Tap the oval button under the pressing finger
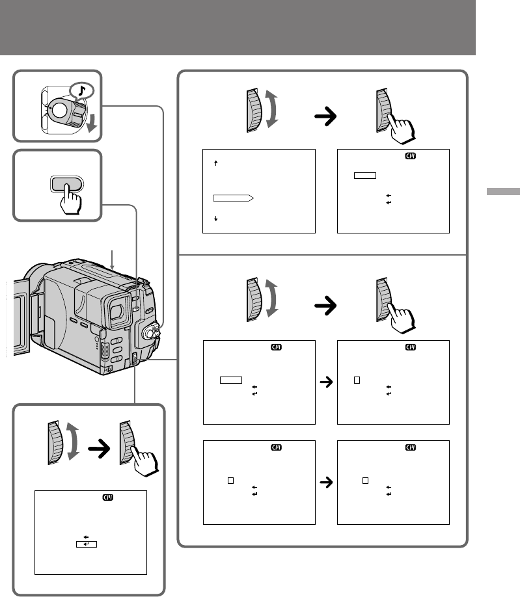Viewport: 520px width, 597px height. pos(68,183)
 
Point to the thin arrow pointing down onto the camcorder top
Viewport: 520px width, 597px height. pos(113,260)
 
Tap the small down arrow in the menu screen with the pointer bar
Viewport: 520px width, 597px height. pos(215,220)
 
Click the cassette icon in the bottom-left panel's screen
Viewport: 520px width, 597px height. pos(107,498)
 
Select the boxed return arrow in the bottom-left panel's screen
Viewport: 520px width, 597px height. pos(86,544)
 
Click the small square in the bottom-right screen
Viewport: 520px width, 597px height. pos(366,481)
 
